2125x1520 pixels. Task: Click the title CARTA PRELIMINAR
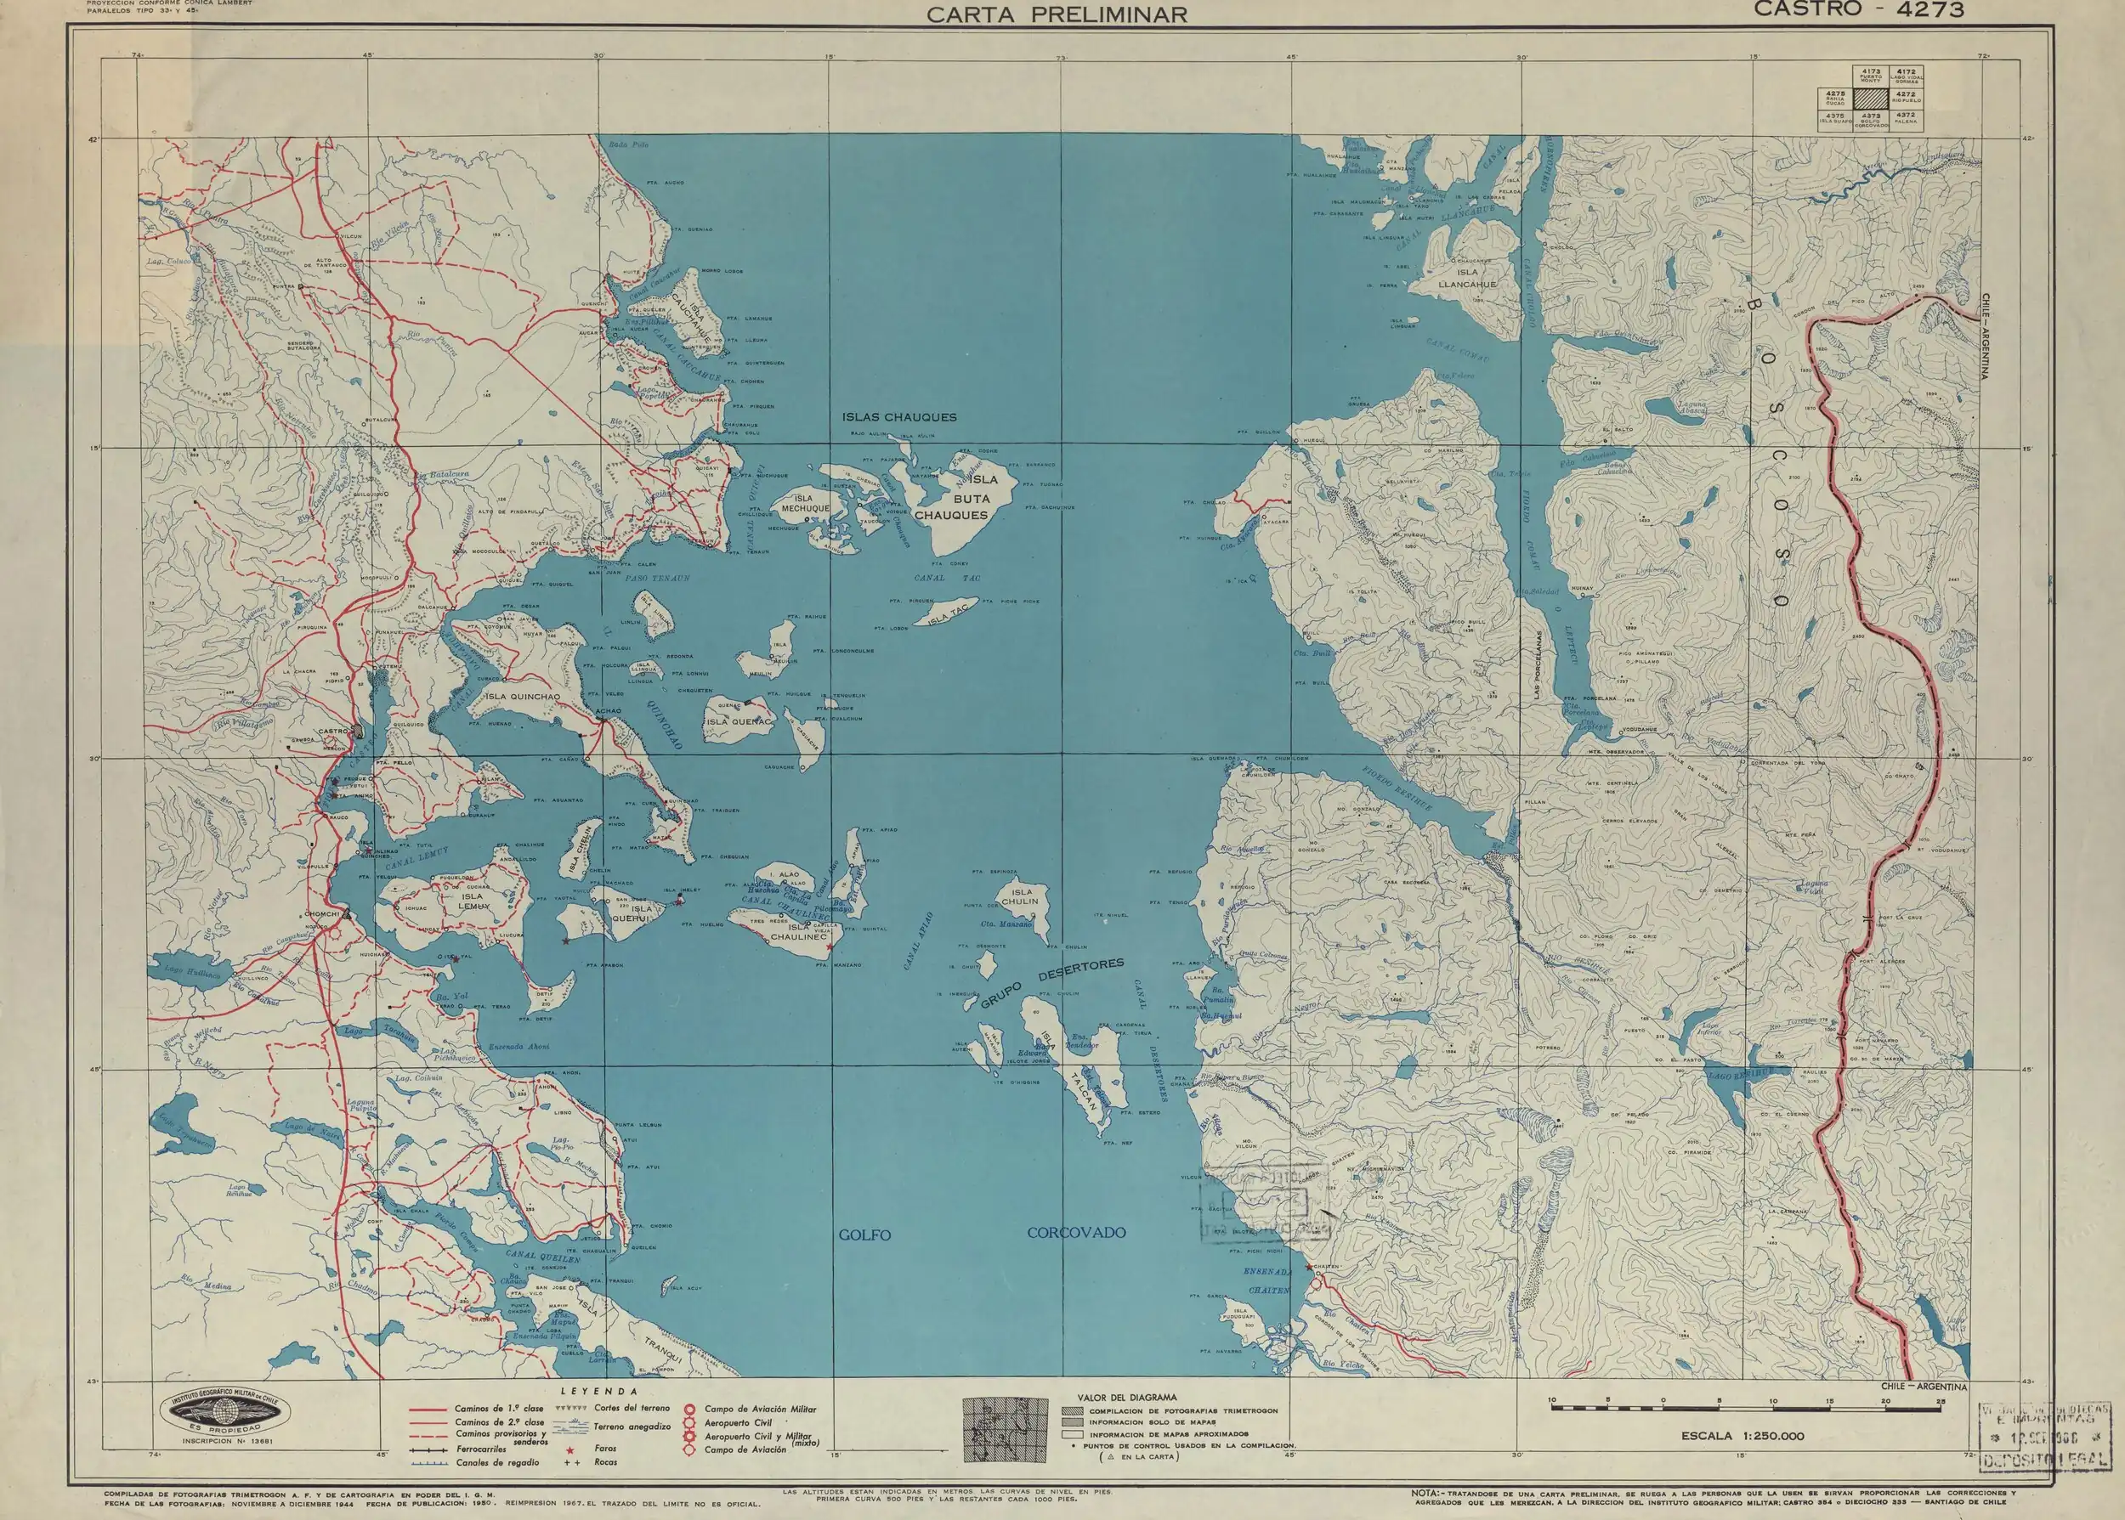coord(1057,14)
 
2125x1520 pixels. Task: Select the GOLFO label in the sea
coord(864,1235)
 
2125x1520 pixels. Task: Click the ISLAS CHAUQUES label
coord(898,417)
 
